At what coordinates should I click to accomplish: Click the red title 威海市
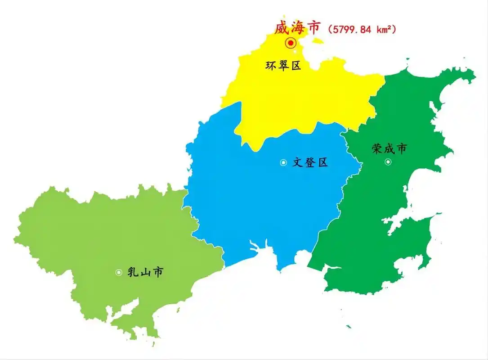pyautogui.click(x=298, y=27)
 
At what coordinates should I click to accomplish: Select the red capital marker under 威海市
pyautogui.click(x=291, y=43)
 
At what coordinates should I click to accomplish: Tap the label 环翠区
pyautogui.click(x=283, y=66)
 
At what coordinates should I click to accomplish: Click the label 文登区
pyautogui.click(x=310, y=162)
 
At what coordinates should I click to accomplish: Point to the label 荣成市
pyautogui.click(x=389, y=148)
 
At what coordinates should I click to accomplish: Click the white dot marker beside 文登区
pyautogui.click(x=283, y=162)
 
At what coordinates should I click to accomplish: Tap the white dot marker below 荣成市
pyautogui.click(x=388, y=162)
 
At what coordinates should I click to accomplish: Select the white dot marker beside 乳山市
pyautogui.click(x=119, y=272)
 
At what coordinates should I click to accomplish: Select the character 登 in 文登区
pyautogui.click(x=310, y=162)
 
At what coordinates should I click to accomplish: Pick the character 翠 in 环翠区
pyautogui.click(x=283, y=66)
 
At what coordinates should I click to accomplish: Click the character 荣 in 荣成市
pyautogui.click(x=377, y=148)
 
